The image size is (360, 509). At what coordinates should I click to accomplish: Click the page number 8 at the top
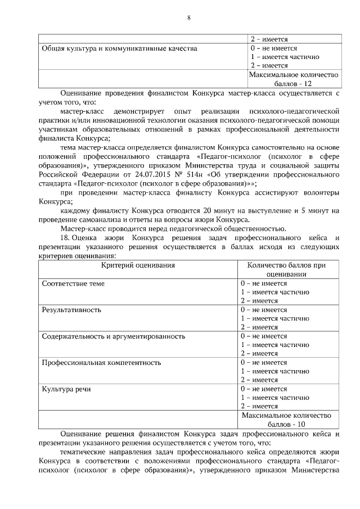(189, 17)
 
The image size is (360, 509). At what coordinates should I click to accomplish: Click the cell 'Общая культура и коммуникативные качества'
(120, 48)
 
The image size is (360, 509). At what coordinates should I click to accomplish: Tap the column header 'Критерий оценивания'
(138, 264)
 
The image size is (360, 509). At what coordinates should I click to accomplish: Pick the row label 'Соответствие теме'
(74, 283)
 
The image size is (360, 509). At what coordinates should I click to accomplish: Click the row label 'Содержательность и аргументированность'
(114, 336)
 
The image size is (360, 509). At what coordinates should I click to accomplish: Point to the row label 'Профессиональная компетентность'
(102, 362)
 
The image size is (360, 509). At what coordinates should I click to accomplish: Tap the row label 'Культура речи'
(66, 389)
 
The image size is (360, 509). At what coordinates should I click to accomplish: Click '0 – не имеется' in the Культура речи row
(264, 389)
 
